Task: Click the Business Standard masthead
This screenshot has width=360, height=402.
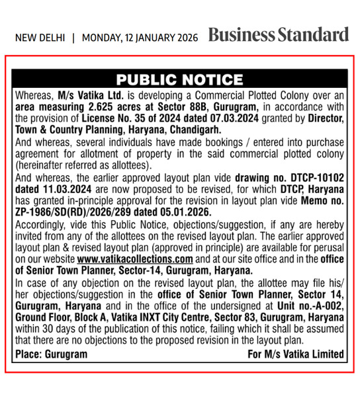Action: [278, 35]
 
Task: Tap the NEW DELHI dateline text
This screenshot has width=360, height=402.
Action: [40, 38]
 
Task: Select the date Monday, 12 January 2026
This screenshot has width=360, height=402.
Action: [140, 38]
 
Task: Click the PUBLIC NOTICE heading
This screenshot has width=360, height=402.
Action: [179, 80]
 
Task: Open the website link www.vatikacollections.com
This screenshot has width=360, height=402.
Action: [139, 259]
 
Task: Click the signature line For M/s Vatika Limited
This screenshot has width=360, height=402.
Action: [296, 354]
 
